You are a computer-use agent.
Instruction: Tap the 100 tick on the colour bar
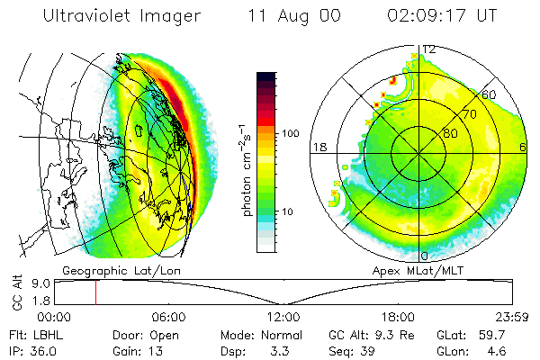point(289,132)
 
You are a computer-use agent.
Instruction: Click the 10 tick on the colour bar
point(290,211)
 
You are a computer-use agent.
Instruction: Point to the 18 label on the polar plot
point(318,147)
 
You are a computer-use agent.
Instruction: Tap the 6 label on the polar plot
point(523,147)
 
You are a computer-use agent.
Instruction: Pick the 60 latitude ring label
point(490,94)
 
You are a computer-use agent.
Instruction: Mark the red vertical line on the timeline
point(95,292)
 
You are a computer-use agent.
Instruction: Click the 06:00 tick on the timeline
point(169,317)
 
